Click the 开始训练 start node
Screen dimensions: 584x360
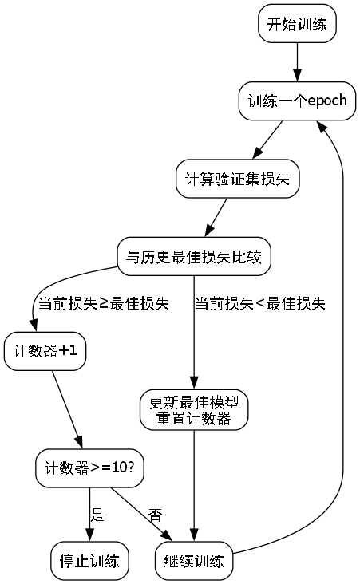pos(297,24)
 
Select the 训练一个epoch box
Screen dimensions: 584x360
pos(297,102)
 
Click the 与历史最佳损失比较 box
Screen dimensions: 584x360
pos(194,257)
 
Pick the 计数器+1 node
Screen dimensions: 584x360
pos(45,350)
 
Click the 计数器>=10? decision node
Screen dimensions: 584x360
pos(89,468)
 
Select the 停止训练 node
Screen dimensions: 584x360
pos(89,560)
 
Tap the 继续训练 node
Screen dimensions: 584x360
pos(194,560)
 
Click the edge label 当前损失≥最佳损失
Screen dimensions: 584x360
pos(103,304)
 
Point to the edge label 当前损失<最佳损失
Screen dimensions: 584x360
pos(259,304)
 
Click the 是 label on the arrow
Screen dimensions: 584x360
pos(97,515)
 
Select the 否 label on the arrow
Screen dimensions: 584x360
pos(156,515)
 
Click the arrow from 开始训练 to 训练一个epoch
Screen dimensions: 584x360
pos(297,62)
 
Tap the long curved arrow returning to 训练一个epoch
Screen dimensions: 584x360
pos(343,319)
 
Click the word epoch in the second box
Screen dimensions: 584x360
pos(323,102)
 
